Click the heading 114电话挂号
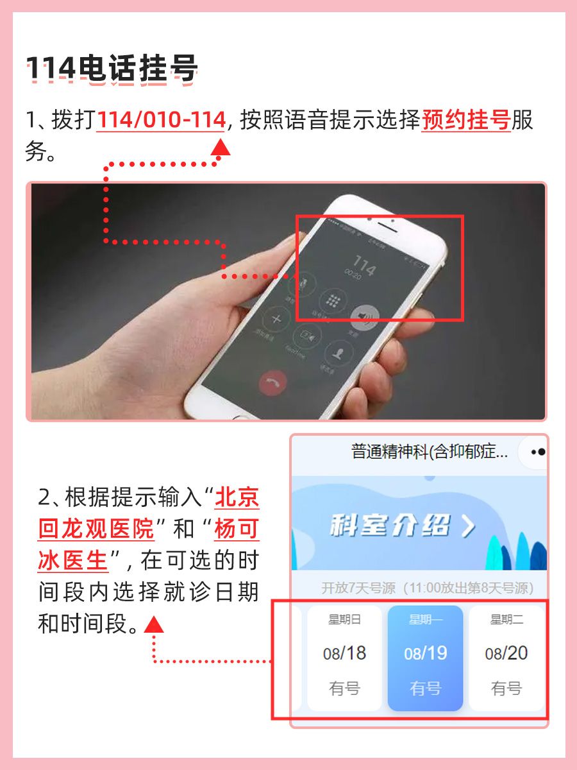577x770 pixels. (x=112, y=69)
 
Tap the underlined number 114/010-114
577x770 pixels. (x=161, y=120)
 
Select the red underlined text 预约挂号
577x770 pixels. (x=465, y=120)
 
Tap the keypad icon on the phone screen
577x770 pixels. (x=333, y=300)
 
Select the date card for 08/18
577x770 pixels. (x=344, y=657)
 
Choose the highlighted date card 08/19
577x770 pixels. (x=425, y=657)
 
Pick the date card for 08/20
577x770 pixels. (x=506, y=657)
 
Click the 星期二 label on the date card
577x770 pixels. (x=506, y=619)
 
